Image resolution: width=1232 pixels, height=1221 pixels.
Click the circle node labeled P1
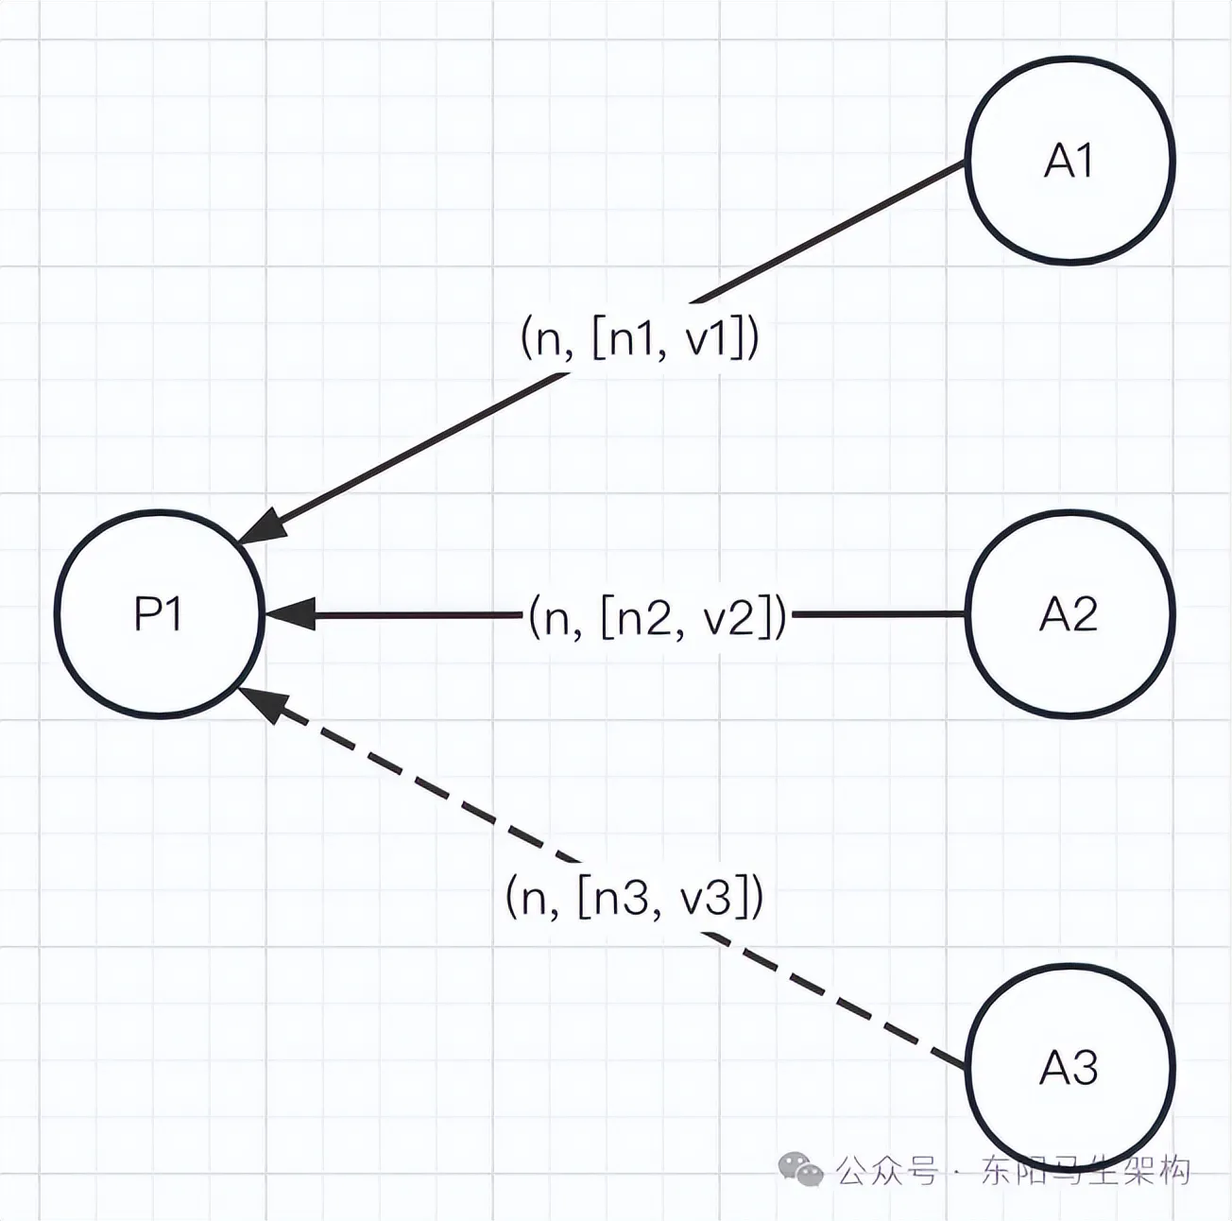158,614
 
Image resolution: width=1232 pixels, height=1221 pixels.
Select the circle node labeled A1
1069,160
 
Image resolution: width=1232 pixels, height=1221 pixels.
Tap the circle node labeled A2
1069,614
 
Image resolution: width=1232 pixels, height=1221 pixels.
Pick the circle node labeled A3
1069,1068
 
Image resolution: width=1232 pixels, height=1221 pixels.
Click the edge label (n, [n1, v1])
640,337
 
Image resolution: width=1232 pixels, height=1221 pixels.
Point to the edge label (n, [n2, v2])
658,616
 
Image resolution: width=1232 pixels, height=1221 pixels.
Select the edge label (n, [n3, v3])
635,896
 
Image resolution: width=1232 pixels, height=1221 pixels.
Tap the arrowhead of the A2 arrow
287,614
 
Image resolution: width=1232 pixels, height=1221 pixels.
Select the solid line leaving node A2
879,614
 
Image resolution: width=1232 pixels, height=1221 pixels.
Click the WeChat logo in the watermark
799,1169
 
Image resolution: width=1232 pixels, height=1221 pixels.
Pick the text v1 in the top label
708,337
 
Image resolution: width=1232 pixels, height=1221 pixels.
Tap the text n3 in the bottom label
619,896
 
